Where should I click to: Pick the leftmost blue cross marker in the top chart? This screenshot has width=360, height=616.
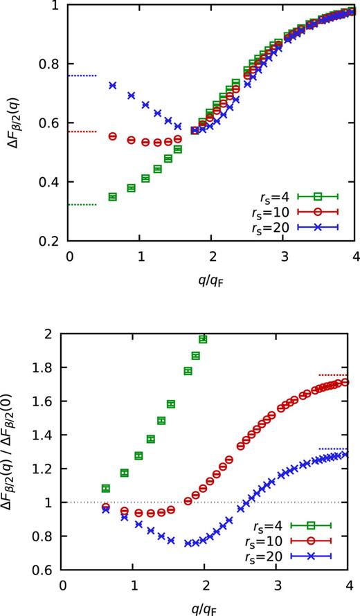[x=112, y=85]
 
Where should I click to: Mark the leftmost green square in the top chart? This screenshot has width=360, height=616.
[x=112, y=197]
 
